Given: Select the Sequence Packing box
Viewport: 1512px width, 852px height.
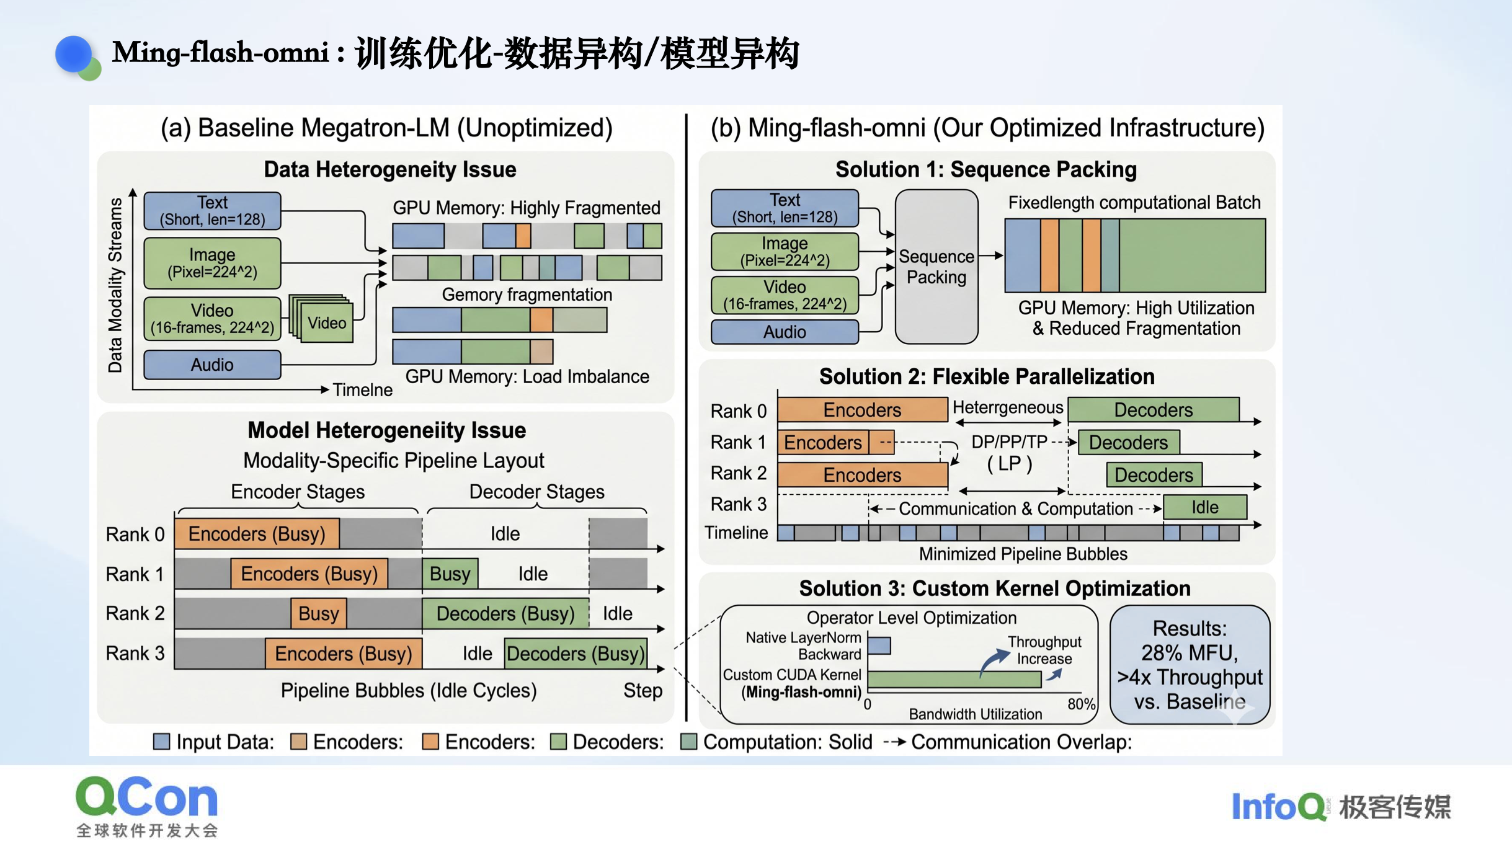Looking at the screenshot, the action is pos(936,267).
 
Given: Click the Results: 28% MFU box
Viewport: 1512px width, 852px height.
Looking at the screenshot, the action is pos(1190,665).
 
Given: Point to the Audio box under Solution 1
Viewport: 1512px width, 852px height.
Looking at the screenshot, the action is pos(785,332).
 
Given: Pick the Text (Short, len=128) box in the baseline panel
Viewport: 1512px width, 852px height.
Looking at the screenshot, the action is pos(212,211).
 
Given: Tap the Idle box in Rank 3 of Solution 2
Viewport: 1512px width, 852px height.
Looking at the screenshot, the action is pos(1204,507).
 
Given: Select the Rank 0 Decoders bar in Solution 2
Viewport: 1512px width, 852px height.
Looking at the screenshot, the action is pos(1154,410).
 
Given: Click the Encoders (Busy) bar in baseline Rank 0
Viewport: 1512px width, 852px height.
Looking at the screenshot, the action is pos(257,534).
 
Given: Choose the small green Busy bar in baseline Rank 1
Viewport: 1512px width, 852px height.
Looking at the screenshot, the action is pos(450,574).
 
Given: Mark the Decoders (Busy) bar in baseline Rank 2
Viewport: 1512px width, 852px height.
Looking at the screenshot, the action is pos(505,613).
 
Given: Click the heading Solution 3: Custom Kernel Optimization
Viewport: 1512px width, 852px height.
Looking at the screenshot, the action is pos(995,588).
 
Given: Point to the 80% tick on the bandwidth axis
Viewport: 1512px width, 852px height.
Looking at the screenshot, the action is pos(1081,704).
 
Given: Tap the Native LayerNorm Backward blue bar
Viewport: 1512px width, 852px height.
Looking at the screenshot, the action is pos(879,646).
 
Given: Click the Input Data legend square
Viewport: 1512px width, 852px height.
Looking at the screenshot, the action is pos(161,742).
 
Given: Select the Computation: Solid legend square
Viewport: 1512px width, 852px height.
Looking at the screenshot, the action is pos(688,742).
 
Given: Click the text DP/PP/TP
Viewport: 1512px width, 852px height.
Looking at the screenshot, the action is pos(1009,442).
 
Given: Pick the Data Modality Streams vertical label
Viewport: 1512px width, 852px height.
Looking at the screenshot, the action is pos(115,285).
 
